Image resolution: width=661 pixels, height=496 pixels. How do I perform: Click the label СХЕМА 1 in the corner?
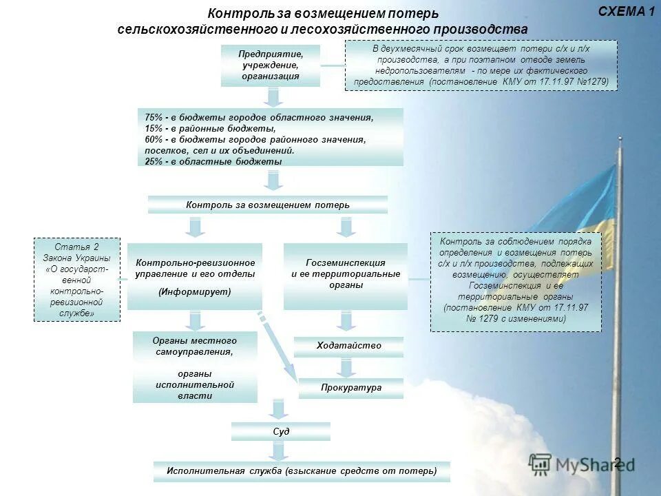coord(626,11)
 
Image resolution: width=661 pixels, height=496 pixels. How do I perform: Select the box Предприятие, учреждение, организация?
coord(271,65)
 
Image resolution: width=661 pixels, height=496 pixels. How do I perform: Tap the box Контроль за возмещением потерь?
coord(268,205)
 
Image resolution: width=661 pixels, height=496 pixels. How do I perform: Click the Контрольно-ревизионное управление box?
coord(195,276)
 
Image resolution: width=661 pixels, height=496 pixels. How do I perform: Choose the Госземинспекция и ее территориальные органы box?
coord(345,276)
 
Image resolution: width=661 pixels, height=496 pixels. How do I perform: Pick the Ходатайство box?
coord(348,346)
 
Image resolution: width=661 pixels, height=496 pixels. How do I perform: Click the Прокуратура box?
coord(350,388)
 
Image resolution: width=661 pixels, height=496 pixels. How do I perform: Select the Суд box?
coord(280,431)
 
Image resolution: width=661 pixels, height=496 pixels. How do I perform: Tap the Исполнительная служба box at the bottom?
coord(302,471)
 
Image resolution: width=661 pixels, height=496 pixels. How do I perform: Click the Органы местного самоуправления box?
coord(195,367)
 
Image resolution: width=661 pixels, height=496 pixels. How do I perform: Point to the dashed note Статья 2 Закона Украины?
coord(77,280)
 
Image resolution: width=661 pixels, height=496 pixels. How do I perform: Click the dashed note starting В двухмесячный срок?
coord(481,65)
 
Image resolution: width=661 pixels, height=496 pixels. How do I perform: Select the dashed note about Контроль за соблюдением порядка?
coord(515,281)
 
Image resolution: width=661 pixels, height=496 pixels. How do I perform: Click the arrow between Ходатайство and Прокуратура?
coord(348,367)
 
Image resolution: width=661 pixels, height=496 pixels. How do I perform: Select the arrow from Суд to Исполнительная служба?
coord(277,451)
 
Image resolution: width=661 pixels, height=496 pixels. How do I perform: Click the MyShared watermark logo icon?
coord(541,464)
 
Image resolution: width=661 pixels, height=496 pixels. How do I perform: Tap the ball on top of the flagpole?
coord(620,140)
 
